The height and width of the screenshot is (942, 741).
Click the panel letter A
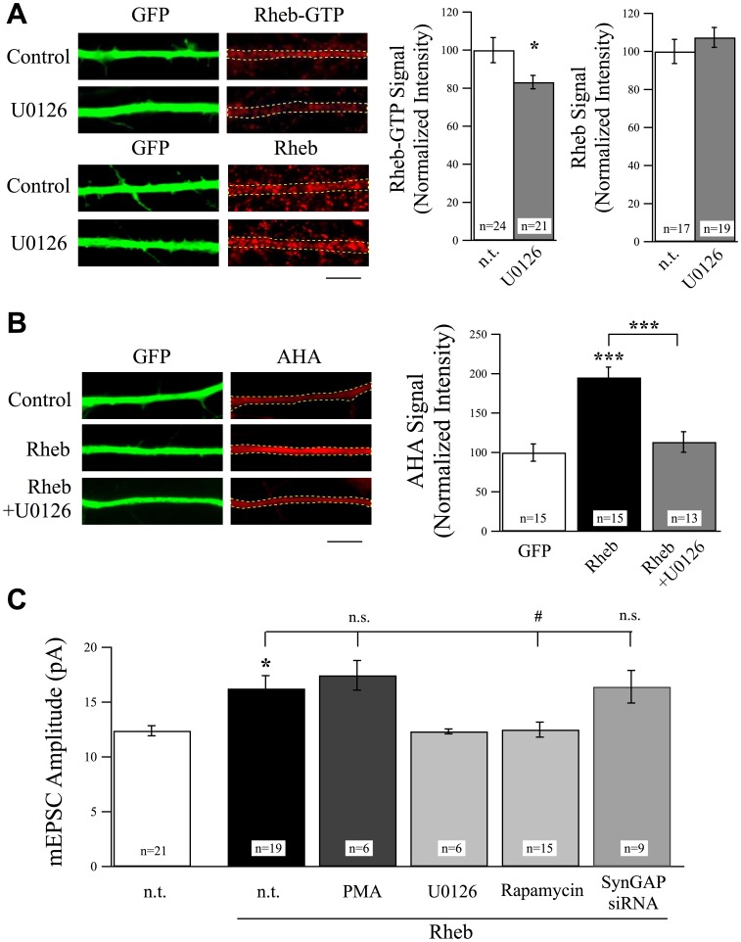(x=13, y=14)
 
